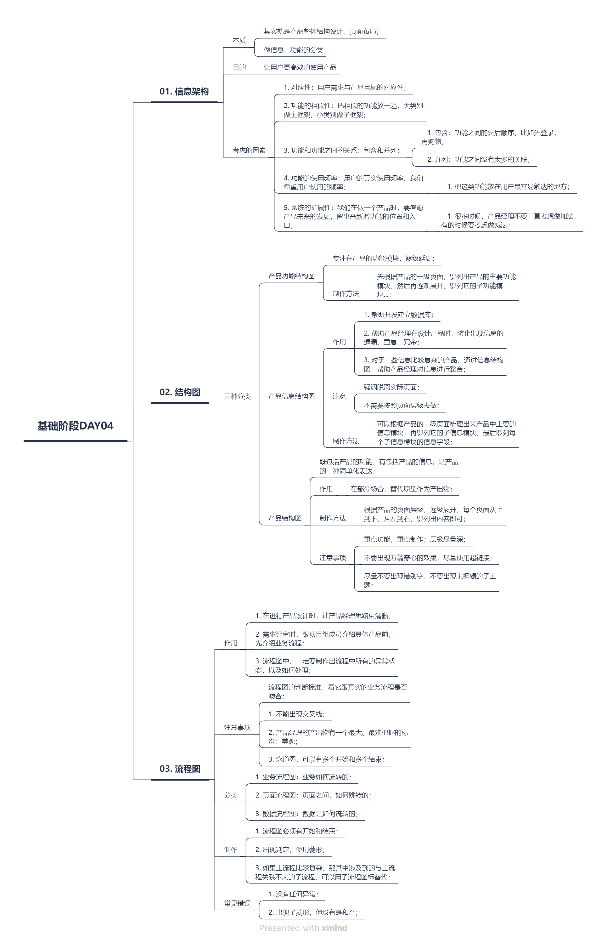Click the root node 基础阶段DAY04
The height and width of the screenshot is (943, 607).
75,426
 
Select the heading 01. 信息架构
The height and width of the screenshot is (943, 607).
184,92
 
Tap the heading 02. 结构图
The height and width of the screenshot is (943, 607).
180,392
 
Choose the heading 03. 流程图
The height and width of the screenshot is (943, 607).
180,769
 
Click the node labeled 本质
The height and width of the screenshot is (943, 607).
239,41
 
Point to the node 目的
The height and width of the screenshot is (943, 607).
239,67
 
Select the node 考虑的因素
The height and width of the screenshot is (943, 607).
249,150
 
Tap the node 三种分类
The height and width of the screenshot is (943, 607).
237,396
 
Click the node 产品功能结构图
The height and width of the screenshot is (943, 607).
291,276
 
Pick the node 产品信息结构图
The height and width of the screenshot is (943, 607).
291,396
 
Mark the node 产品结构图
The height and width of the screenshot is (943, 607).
284,518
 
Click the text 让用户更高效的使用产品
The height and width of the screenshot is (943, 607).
300,67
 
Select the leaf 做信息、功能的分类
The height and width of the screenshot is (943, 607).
294,50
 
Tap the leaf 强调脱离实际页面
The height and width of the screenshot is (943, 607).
391,387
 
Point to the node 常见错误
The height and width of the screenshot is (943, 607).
237,903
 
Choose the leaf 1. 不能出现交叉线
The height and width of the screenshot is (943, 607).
297,714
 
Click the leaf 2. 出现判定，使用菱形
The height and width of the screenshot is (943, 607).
290,849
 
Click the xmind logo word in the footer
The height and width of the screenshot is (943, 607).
334,928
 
